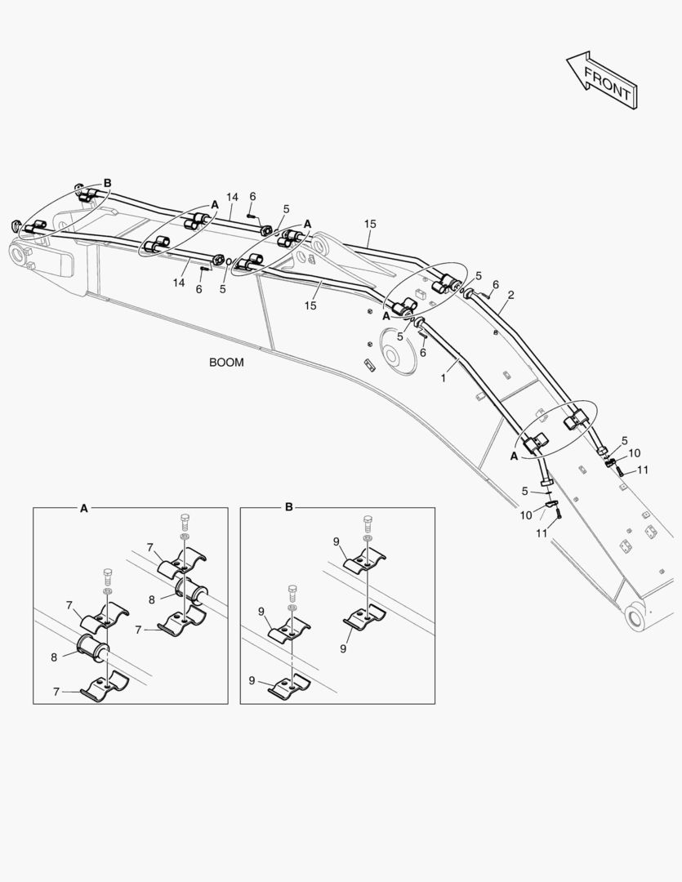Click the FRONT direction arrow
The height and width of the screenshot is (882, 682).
pyautogui.click(x=603, y=79)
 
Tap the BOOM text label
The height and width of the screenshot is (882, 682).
pyautogui.click(x=226, y=363)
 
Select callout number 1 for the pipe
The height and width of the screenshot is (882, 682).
pyautogui.click(x=444, y=378)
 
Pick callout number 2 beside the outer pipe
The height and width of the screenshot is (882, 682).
pyautogui.click(x=510, y=295)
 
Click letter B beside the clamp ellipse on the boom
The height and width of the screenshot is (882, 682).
pyautogui.click(x=107, y=183)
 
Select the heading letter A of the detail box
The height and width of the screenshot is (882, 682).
pyautogui.click(x=83, y=508)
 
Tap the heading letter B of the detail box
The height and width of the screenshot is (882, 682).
pyautogui.click(x=288, y=508)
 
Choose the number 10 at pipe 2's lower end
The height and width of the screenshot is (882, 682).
pyautogui.click(x=635, y=453)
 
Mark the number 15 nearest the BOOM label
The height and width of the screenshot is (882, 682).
pyautogui.click(x=310, y=305)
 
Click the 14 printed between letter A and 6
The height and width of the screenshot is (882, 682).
pyautogui.click(x=232, y=198)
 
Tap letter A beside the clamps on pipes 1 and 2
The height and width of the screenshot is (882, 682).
pyautogui.click(x=514, y=457)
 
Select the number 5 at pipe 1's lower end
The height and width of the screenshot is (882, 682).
pyautogui.click(x=526, y=491)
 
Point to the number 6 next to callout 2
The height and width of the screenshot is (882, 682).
pyautogui.click(x=496, y=284)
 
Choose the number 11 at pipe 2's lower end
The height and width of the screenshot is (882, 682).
pyautogui.click(x=643, y=470)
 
